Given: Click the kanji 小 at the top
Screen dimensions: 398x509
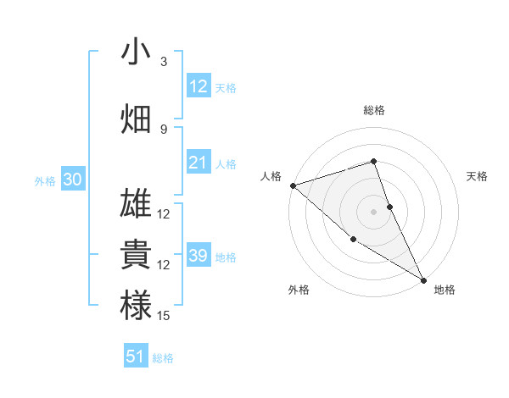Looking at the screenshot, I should click(136, 52).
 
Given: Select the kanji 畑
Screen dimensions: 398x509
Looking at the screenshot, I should click(136, 119).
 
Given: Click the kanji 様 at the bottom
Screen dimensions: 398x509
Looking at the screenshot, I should click(136, 306).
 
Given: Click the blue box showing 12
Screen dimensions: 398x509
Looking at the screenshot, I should click(199, 86).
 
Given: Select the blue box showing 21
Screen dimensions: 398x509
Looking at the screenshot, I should click(199, 163).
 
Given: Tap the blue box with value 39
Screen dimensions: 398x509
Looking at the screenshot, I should click(199, 256).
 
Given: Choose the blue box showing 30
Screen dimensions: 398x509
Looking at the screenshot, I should click(72, 180).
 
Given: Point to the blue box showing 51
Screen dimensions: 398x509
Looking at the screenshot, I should click(136, 357).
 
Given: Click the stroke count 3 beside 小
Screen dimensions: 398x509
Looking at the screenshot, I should click(164, 62).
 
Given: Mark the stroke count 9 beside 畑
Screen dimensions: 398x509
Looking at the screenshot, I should click(164, 130).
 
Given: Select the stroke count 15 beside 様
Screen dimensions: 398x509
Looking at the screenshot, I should click(164, 316).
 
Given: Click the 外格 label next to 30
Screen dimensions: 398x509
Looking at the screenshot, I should click(45, 181).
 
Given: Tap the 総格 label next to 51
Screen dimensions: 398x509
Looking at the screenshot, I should click(163, 358).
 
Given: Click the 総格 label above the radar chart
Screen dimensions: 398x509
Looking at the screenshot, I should click(373, 110).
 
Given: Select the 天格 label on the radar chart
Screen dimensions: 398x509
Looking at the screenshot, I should click(477, 176).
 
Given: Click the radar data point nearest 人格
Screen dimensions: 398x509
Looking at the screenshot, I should click(293, 185).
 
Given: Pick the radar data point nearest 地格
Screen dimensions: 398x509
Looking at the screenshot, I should click(423, 279).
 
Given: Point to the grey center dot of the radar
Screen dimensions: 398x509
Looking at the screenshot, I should click(373, 211).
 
